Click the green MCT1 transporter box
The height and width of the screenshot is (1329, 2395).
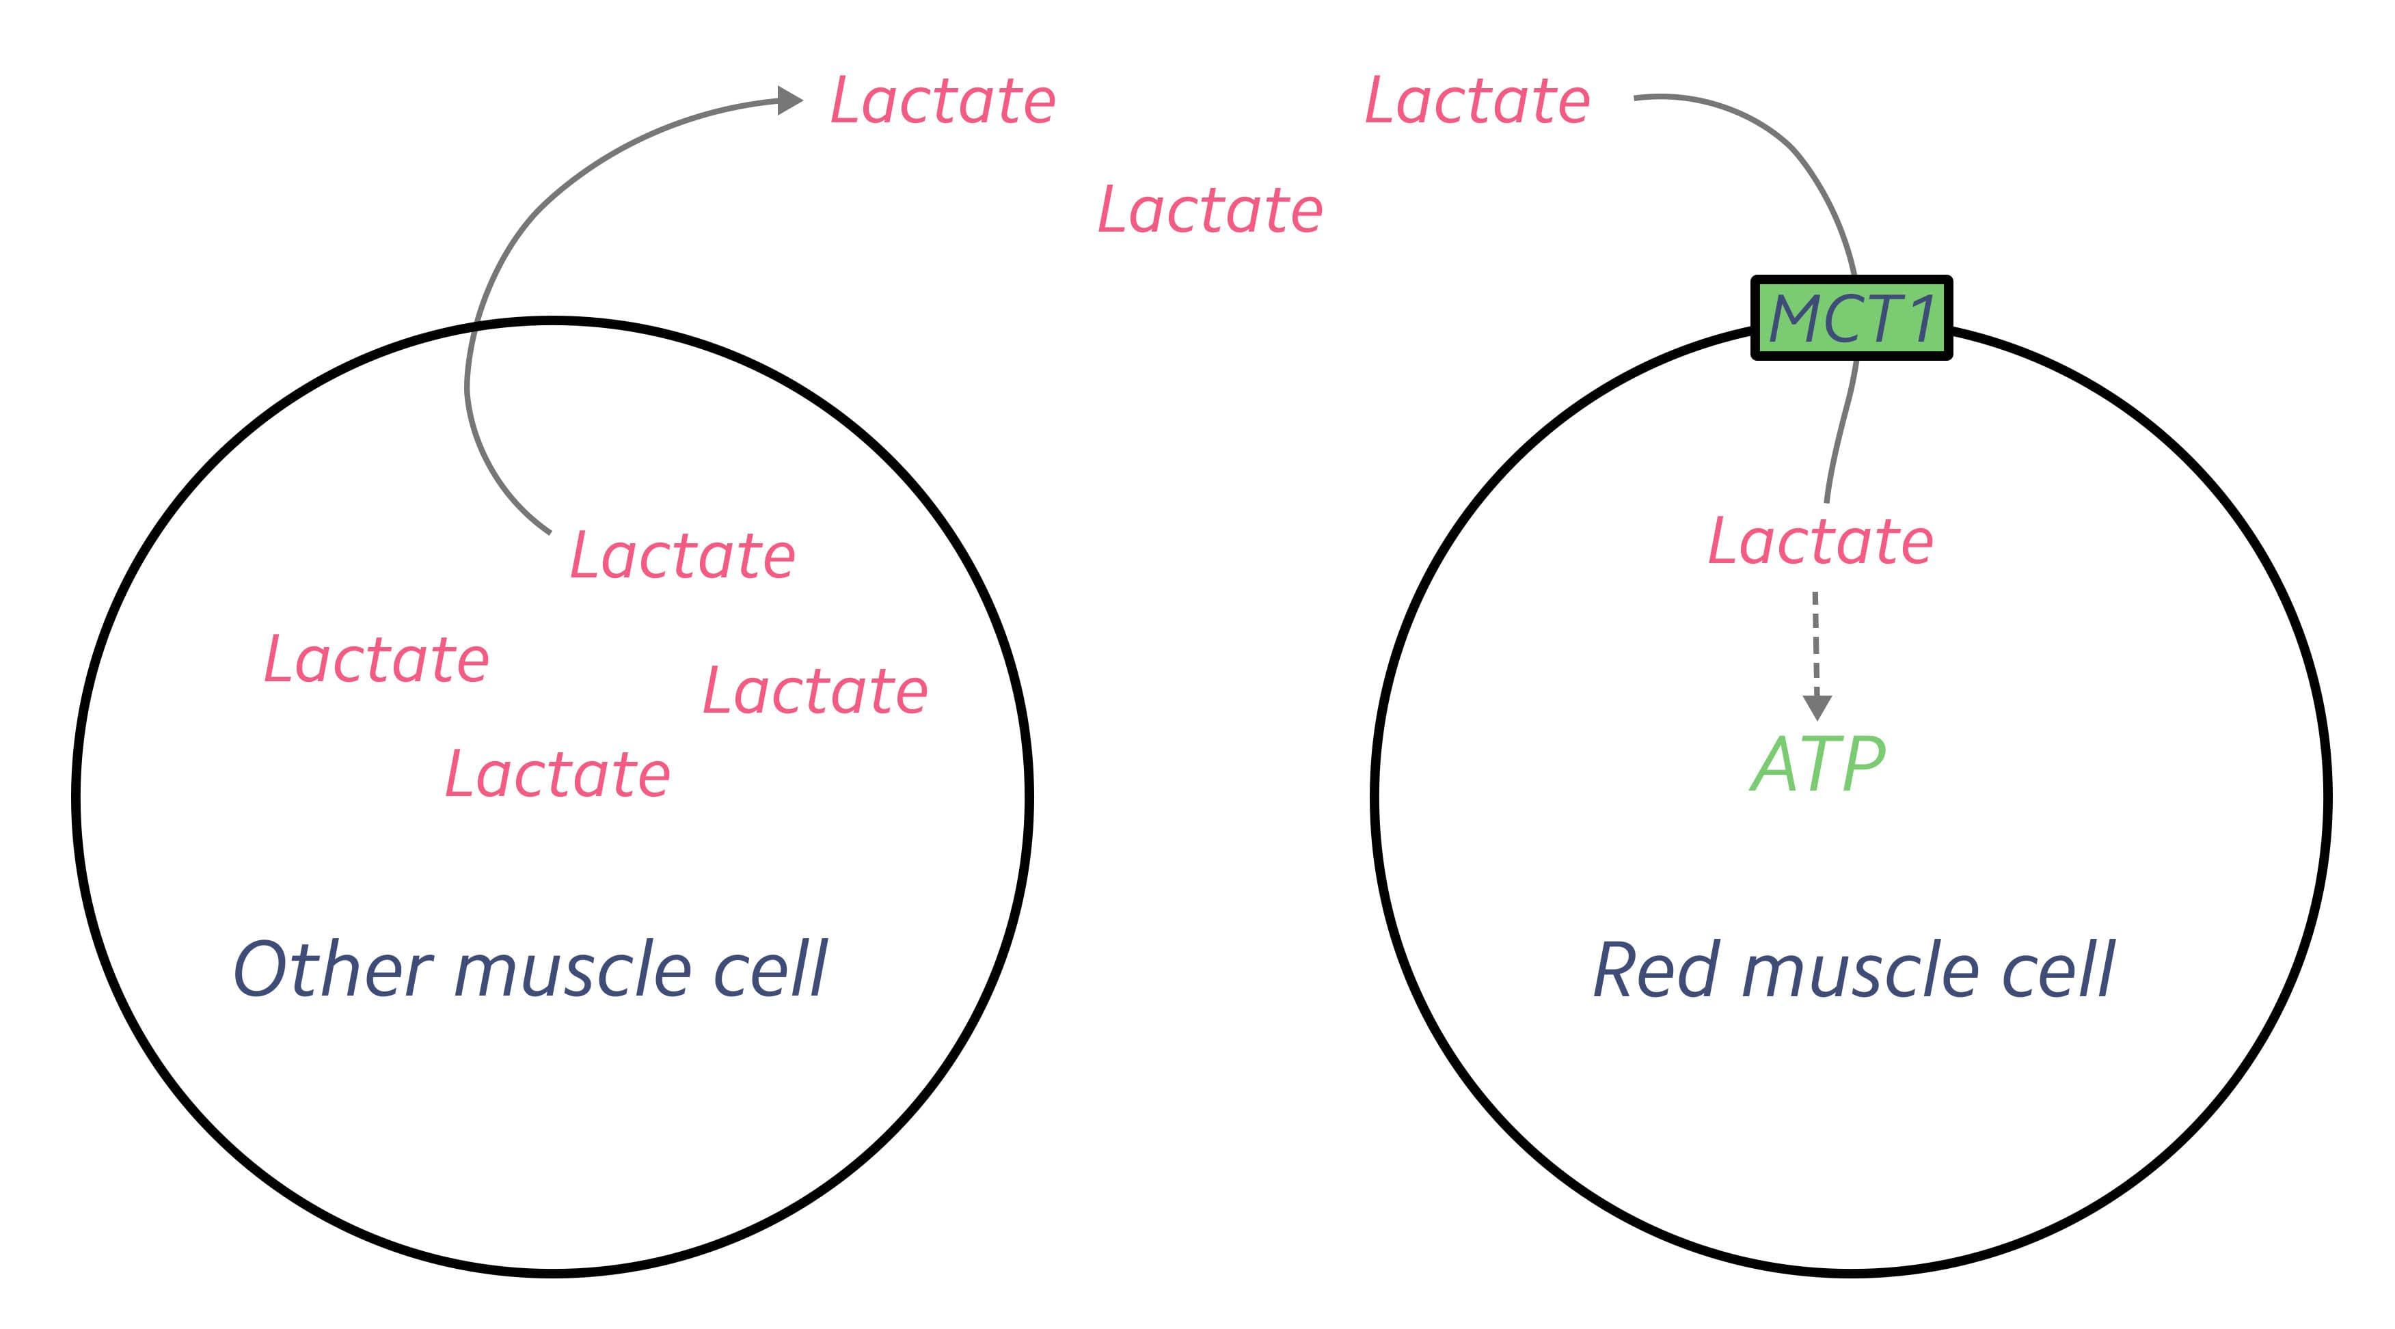[x=1850, y=318]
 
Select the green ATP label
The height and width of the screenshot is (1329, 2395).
[x=1817, y=764]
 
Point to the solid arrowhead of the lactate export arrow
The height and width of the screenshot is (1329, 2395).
[x=789, y=100]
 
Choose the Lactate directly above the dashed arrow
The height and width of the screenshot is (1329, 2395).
[x=1820, y=542]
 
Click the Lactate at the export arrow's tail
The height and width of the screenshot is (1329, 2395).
[x=682, y=556]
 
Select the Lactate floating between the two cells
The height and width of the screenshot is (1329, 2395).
[x=1210, y=210]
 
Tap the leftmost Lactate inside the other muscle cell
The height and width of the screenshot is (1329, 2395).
[x=377, y=660]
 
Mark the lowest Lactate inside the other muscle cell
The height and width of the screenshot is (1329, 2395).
[x=558, y=774]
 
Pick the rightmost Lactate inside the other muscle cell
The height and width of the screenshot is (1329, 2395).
[x=815, y=691]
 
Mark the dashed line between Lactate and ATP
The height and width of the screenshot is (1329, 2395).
[x=1816, y=641]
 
